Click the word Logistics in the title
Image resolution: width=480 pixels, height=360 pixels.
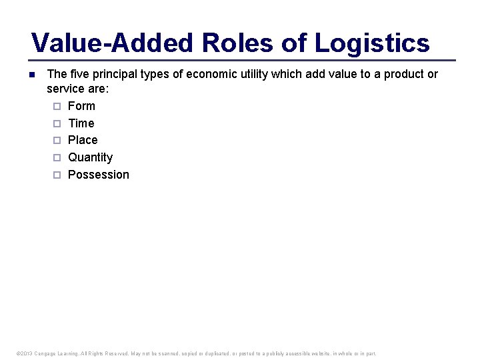click(x=372, y=43)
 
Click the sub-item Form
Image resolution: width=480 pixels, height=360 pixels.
click(x=81, y=106)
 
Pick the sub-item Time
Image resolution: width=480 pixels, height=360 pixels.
click(x=81, y=123)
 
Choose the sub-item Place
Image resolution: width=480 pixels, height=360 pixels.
click(x=83, y=140)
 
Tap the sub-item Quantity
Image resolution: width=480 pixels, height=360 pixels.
click(x=90, y=157)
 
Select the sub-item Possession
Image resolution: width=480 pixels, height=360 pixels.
click(x=99, y=175)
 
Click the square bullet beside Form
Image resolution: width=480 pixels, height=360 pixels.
click(x=57, y=106)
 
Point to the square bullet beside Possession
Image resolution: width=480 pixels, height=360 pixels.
click(x=57, y=175)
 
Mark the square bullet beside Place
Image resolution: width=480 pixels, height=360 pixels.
click(x=57, y=140)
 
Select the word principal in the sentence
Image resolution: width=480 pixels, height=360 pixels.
click(x=115, y=74)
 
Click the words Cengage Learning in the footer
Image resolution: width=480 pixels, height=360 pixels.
click(x=61, y=353)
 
